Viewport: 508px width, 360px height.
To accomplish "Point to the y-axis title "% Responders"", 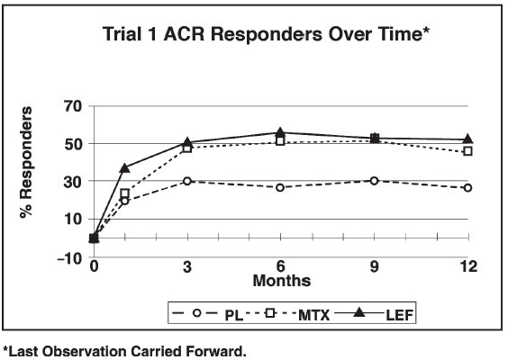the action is coord(26,162).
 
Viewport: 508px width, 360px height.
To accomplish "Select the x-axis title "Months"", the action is coord(282,281).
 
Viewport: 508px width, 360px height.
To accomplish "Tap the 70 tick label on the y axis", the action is coord(73,106).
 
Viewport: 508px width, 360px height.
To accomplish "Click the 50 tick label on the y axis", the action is coord(73,144).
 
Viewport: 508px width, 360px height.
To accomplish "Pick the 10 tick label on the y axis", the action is coord(73,220).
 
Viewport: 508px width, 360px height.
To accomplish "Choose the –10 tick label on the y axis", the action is coord(69,258).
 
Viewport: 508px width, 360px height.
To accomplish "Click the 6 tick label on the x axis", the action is coord(280,266).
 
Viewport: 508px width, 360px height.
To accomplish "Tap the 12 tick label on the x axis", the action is coord(468,266).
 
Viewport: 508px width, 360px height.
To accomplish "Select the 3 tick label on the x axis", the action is coord(187,266).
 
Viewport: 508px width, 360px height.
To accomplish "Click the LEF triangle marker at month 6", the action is coord(280,132).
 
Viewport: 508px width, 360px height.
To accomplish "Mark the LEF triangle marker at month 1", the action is coord(124,168).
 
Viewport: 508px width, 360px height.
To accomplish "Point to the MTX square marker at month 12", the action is coord(467,151).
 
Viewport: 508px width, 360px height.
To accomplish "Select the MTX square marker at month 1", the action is coord(124,193).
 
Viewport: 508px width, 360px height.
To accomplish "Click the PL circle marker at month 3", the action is coord(187,181).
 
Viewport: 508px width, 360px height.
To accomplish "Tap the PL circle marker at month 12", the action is coord(467,188).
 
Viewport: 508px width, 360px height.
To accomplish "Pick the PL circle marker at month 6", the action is coord(280,188).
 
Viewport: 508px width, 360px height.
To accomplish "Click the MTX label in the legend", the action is coord(313,315).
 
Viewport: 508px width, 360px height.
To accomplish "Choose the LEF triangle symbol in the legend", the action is coord(359,312).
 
